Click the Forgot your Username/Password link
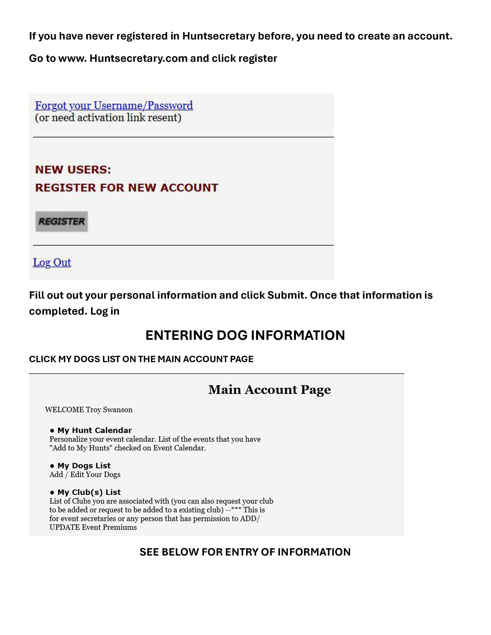coord(114,105)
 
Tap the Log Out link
coord(52,262)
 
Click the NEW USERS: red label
coord(73,170)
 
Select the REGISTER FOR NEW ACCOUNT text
coord(127,188)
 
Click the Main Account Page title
coord(269,390)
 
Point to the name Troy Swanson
coord(109,410)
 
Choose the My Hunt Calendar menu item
coord(95,430)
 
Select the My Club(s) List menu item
coord(89,492)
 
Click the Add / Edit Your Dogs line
coord(85,475)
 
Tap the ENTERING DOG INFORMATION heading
coord(245,335)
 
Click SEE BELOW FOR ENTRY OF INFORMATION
coord(245,552)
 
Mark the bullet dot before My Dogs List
coord(52,466)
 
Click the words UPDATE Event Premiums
coord(93,527)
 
